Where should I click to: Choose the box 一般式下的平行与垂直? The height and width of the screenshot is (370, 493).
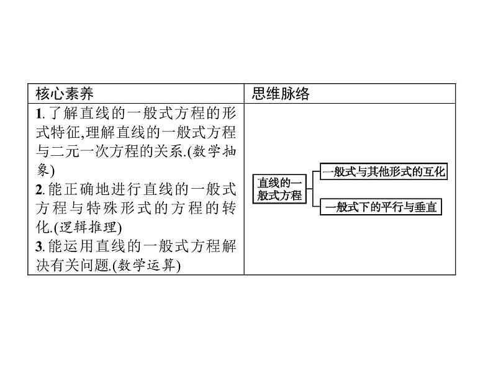click(379, 207)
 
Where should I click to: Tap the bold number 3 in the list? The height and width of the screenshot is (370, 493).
click(38, 246)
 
